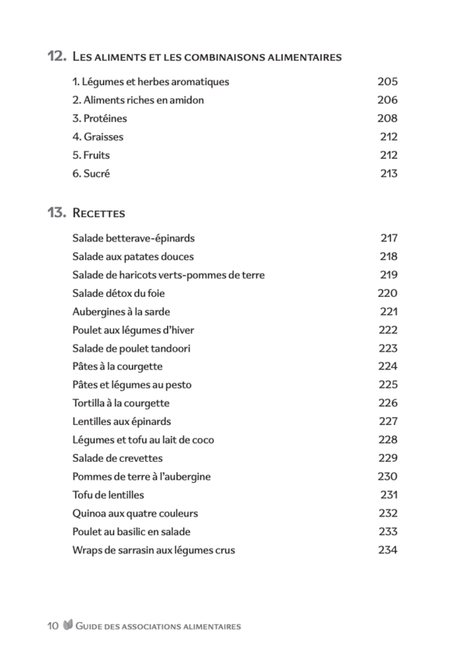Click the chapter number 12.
pyautogui.click(x=55, y=57)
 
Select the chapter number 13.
pyautogui.click(x=55, y=213)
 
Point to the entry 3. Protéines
pyautogui.click(x=99, y=119)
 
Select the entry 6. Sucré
pyautogui.click(x=91, y=173)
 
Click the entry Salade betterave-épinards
pyautogui.click(x=133, y=238)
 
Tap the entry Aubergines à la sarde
pyautogui.click(x=123, y=312)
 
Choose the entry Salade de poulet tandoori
pyautogui.click(x=131, y=349)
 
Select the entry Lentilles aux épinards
pyautogui.click(x=121, y=422)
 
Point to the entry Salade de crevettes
pyautogui.click(x=117, y=459)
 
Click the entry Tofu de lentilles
pyautogui.click(x=108, y=495)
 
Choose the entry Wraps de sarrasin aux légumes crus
pyautogui.click(x=153, y=550)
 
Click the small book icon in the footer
pyautogui.click(x=68, y=625)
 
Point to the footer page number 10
pyautogui.click(x=53, y=626)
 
